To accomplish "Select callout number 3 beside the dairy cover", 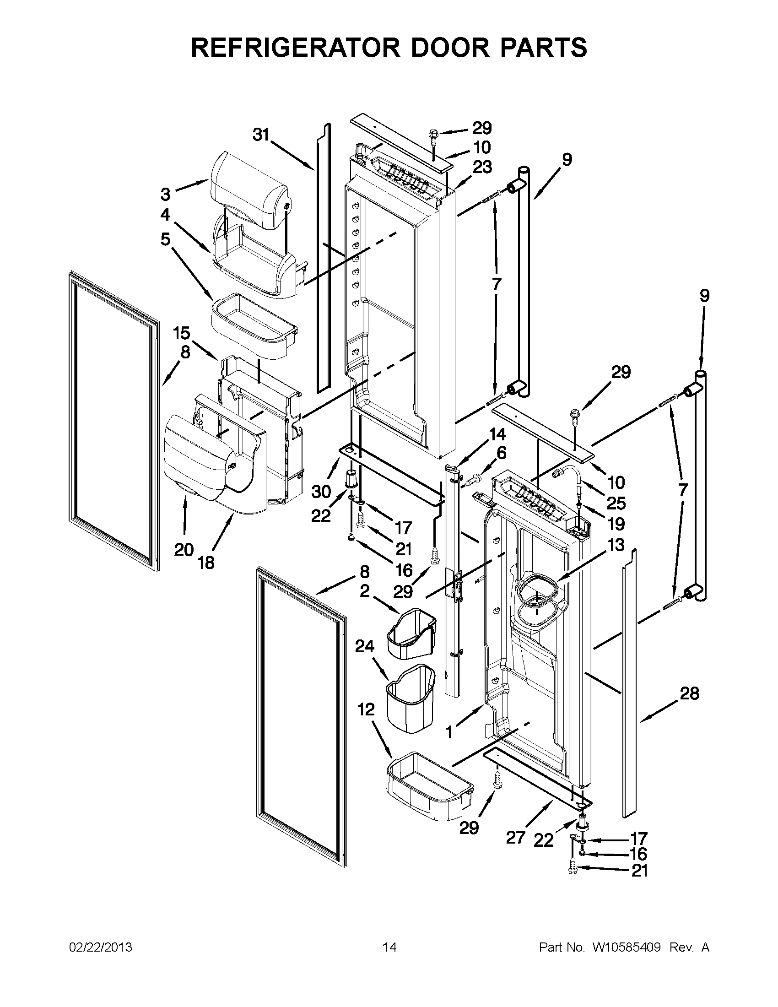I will tap(166, 194).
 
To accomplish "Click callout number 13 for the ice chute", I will tap(616, 545).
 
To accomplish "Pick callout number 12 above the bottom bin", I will tap(367, 709).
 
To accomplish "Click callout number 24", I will tap(365, 646).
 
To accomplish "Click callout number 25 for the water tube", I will tap(616, 503).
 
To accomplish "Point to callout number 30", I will tap(321, 492).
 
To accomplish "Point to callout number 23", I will tap(482, 167).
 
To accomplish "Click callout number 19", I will tap(616, 524).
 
